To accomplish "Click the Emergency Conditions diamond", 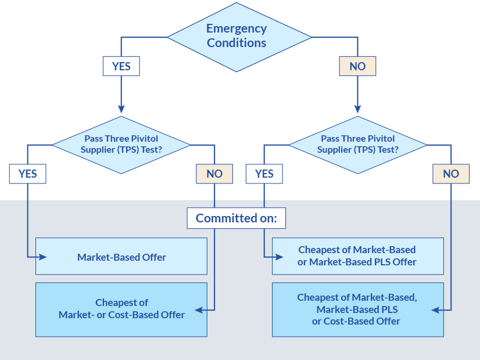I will pyautogui.click(x=237, y=36).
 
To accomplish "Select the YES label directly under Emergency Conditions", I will pyautogui.click(x=121, y=66).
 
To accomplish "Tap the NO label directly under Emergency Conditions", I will pyautogui.click(x=357, y=66).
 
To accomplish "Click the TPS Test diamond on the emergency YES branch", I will pyautogui.click(x=121, y=144).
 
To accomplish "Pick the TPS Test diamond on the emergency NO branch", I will pyautogui.click(x=358, y=144).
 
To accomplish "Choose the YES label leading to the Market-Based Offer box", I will pyautogui.click(x=27, y=173).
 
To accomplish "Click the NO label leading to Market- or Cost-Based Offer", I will pyautogui.click(x=214, y=173).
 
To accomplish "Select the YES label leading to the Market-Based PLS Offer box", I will pyautogui.click(x=264, y=173).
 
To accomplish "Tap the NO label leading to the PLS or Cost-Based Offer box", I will pyautogui.click(x=451, y=173).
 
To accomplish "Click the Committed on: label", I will pyautogui.click(x=237, y=218).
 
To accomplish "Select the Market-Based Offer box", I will pyautogui.click(x=121, y=256).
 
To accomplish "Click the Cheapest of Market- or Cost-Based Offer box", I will pyautogui.click(x=121, y=309).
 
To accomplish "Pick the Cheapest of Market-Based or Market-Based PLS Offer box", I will pyautogui.click(x=357, y=256).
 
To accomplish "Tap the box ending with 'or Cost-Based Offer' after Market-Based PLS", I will pyautogui.click(x=357, y=309).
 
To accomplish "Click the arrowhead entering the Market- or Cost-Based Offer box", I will pyautogui.click(x=199, y=310).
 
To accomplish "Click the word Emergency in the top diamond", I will pyautogui.click(x=237, y=28).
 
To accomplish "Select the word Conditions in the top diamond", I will pyautogui.click(x=237, y=43).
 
